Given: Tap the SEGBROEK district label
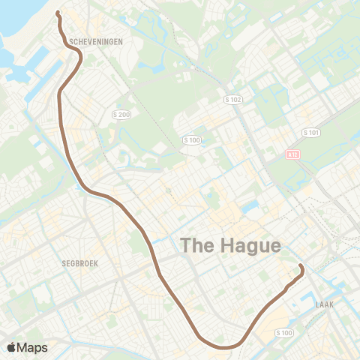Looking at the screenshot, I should [80, 264].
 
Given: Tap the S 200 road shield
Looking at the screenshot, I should [120, 114].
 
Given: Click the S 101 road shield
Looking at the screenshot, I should [310, 132].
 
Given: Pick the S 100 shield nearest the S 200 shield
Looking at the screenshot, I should [192, 139].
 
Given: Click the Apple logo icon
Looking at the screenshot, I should [12, 346].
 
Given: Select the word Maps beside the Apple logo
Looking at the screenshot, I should [33, 347].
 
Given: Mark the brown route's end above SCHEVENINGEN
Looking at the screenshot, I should [57, 12].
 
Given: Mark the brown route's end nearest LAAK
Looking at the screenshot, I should [300, 266].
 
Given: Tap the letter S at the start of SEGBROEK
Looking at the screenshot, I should [64, 264].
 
